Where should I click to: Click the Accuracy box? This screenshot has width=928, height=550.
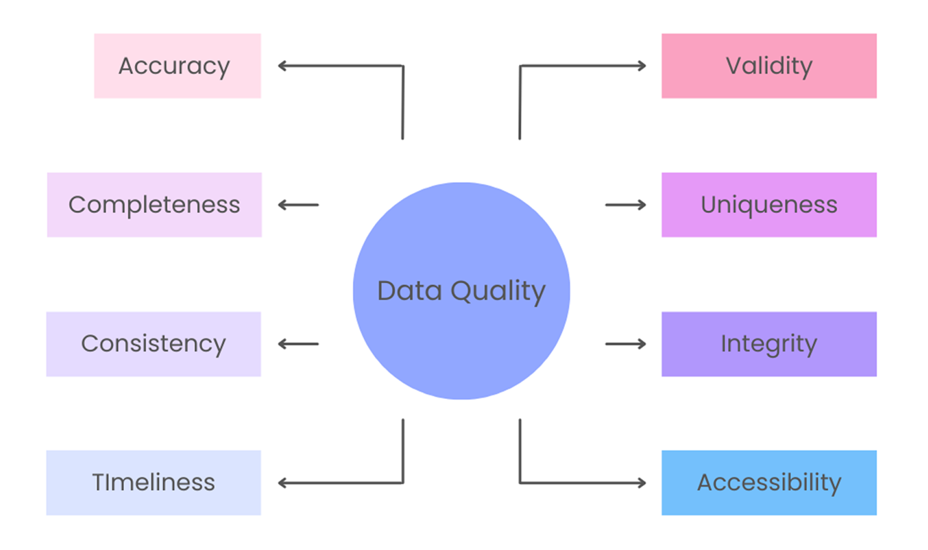coord(177,66)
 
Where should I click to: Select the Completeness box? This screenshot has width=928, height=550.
coord(154,205)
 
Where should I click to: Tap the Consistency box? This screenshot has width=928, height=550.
coord(153,344)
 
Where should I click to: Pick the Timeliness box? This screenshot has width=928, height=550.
coord(153,482)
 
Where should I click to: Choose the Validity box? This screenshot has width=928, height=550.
coord(769,66)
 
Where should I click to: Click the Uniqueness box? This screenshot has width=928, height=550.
coord(769,205)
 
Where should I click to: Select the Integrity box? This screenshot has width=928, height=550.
coord(769,344)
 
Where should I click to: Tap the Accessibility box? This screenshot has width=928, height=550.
coord(769,482)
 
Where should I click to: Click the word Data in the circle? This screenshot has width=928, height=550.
coord(409,291)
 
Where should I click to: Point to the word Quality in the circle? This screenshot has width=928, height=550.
coord(497,291)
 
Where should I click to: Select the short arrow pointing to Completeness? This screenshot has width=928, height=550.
coord(298,205)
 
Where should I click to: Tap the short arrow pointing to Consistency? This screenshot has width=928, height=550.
coord(298,344)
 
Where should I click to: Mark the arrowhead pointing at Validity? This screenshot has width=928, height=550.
coord(641,66)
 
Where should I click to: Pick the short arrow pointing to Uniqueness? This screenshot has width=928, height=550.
coord(626,205)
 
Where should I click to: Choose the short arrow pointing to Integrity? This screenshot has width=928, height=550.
coord(626,344)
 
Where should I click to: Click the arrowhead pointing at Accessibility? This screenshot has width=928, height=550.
coord(641,483)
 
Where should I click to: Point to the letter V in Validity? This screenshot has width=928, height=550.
coord(734,66)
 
